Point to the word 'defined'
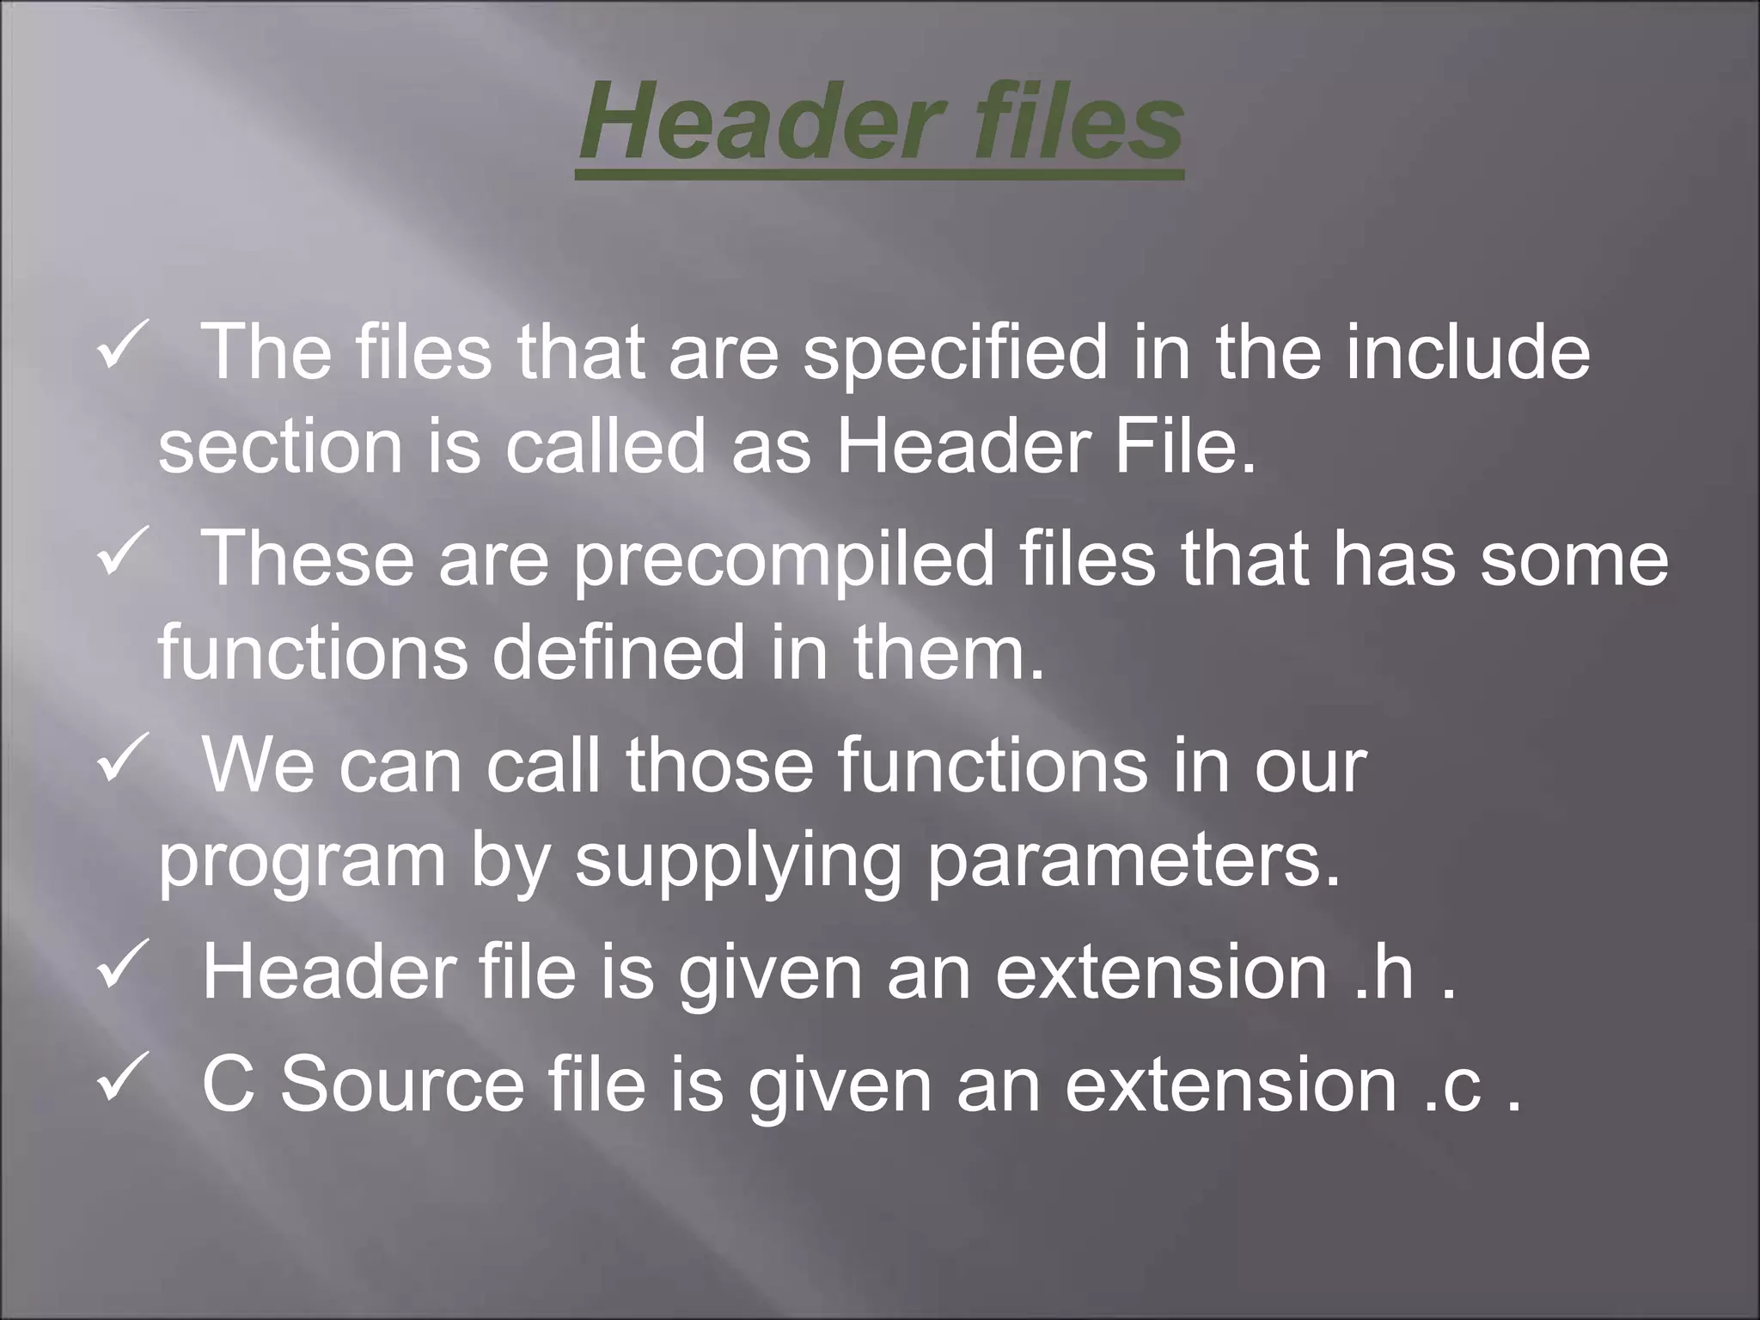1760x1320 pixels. coord(618,651)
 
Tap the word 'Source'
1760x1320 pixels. coord(402,1085)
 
